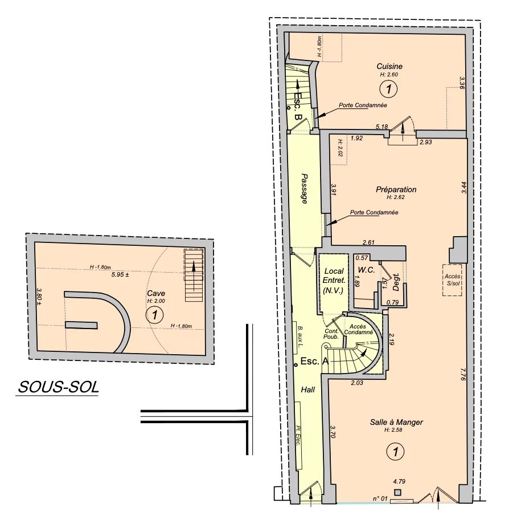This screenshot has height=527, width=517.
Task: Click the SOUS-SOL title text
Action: click(x=59, y=387)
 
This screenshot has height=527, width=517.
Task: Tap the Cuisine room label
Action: click(x=389, y=66)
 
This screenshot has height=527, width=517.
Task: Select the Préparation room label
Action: click(x=396, y=189)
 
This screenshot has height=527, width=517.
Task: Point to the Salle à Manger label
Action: click(x=396, y=422)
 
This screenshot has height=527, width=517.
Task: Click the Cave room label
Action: click(x=156, y=293)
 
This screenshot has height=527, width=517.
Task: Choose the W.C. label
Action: click(x=366, y=270)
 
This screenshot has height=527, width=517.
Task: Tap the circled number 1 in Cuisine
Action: click(x=388, y=89)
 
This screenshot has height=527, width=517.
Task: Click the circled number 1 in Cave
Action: click(x=155, y=315)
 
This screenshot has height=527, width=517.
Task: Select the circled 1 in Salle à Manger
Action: click(x=396, y=451)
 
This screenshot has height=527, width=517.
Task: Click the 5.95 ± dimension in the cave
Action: click(x=120, y=274)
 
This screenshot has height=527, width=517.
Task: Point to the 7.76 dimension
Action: click(x=463, y=374)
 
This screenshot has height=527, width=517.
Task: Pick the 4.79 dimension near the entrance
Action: click(x=399, y=481)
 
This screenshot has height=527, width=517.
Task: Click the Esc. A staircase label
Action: click(x=314, y=361)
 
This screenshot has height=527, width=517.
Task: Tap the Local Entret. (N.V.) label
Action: click(x=334, y=281)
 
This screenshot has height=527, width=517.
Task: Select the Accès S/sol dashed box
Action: click(x=452, y=280)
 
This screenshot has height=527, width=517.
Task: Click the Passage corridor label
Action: click(x=305, y=189)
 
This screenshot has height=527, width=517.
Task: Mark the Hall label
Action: click(x=307, y=390)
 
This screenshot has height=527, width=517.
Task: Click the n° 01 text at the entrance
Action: click(x=380, y=498)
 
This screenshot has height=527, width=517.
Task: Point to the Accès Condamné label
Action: click(x=358, y=330)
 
